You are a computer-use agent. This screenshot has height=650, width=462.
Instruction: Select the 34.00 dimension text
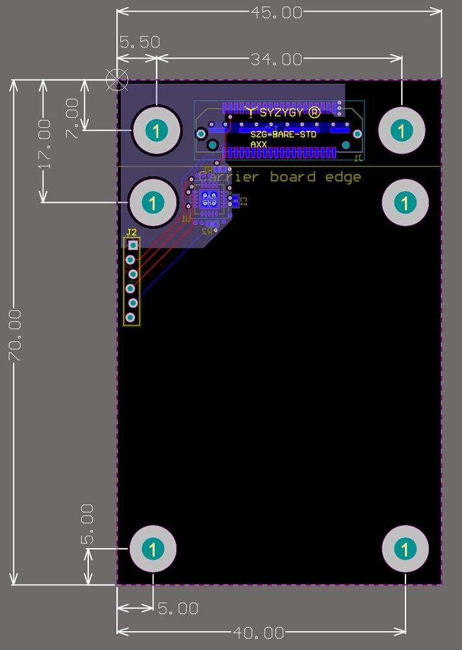[276, 60]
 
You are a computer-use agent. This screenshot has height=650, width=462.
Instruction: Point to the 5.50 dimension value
[140, 42]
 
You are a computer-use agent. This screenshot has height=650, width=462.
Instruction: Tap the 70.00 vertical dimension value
[14, 336]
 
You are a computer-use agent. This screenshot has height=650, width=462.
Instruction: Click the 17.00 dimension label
[44, 144]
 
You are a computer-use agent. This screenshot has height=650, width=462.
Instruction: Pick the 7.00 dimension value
[72, 118]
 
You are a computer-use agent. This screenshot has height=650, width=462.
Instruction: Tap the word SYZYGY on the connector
[281, 112]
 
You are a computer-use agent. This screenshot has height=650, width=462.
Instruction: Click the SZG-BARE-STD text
[283, 135]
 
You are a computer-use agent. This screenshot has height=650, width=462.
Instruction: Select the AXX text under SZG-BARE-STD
[259, 144]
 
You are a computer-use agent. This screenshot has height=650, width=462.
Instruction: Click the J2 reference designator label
[131, 232]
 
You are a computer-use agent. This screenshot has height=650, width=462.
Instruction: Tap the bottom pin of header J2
[131, 317]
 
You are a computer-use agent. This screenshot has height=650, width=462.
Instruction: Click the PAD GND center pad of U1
[209, 200]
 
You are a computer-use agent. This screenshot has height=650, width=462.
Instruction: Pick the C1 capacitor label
[244, 201]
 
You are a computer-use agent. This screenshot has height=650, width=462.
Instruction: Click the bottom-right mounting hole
[405, 549]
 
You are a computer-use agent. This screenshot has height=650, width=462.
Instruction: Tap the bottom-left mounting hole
[153, 549]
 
